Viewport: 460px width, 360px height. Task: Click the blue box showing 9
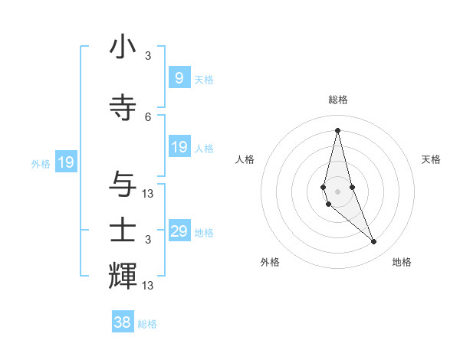coord(179,78)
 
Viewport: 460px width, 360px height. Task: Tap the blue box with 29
coord(179,231)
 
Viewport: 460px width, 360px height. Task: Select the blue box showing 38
coord(123,322)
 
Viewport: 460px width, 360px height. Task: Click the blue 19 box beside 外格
coord(65,162)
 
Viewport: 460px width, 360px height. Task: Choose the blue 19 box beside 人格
coord(179,147)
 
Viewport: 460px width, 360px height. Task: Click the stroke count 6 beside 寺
coord(148,116)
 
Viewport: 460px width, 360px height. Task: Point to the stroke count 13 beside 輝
coord(148,286)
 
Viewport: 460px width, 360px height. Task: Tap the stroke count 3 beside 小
coord(148,55)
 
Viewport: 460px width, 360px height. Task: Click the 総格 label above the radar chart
coord(337,100)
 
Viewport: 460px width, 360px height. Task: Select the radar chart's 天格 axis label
coord(431,159)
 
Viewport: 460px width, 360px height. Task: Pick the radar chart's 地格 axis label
coord(402,262)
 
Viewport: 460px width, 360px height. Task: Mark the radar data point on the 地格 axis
coord(374,242)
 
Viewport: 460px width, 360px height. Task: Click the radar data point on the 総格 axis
coord(337,130)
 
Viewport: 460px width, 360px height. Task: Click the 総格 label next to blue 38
coord(147,324)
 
